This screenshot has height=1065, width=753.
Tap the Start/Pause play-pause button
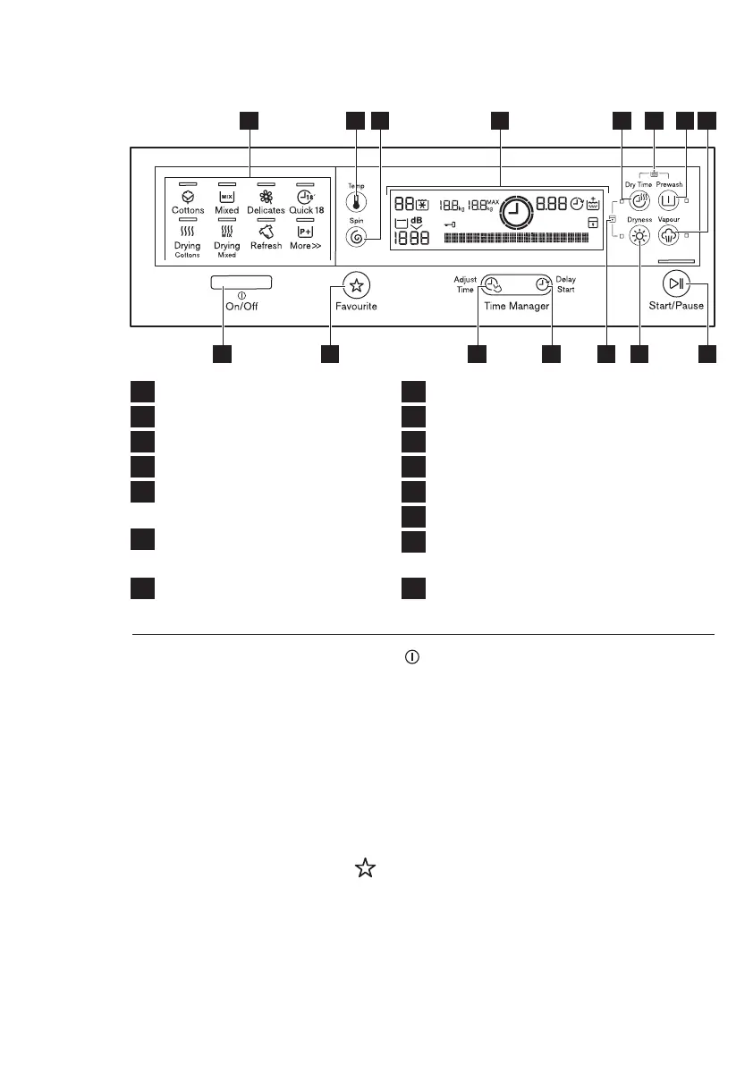(x=675, y=284)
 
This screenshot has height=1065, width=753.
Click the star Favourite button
(x=357, y=286)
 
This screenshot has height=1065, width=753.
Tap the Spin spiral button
(x=356, y=236)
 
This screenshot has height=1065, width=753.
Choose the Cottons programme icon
(x=188, y=196)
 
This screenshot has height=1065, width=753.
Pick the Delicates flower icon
(x=266, y=196)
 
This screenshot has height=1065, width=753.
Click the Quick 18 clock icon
(x=306, y=196)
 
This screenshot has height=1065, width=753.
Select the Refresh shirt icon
(x=266, y=231)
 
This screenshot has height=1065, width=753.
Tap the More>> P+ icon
(x=306, y=231)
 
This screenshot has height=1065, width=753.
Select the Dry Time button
(x=640, y=200)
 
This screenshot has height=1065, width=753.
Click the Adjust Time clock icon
(x=493, y=285)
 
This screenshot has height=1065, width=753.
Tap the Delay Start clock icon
(x=541, y=284)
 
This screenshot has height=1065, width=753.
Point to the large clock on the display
(x=513, y=213)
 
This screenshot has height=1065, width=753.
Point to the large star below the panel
(x=363, y=866)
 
